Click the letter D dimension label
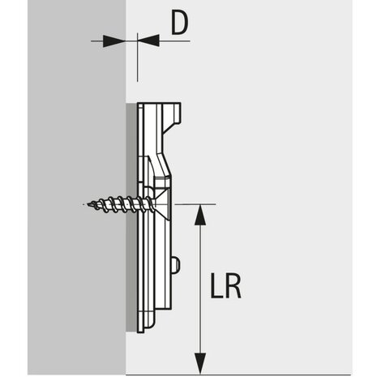coord(179,24)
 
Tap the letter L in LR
coord(216,285)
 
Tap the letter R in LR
coord(233,285)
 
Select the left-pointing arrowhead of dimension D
coord(148,41)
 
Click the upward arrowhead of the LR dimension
coord(200,215)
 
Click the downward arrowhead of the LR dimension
coord(200,363)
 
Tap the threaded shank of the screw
coord(120,204)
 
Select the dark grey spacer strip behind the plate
coord(131,217)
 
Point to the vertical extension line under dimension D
coord(138,58)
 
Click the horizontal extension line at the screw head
coord(195,204)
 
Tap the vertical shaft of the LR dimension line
coord(200,289)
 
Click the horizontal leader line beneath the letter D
coord(174,41)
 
